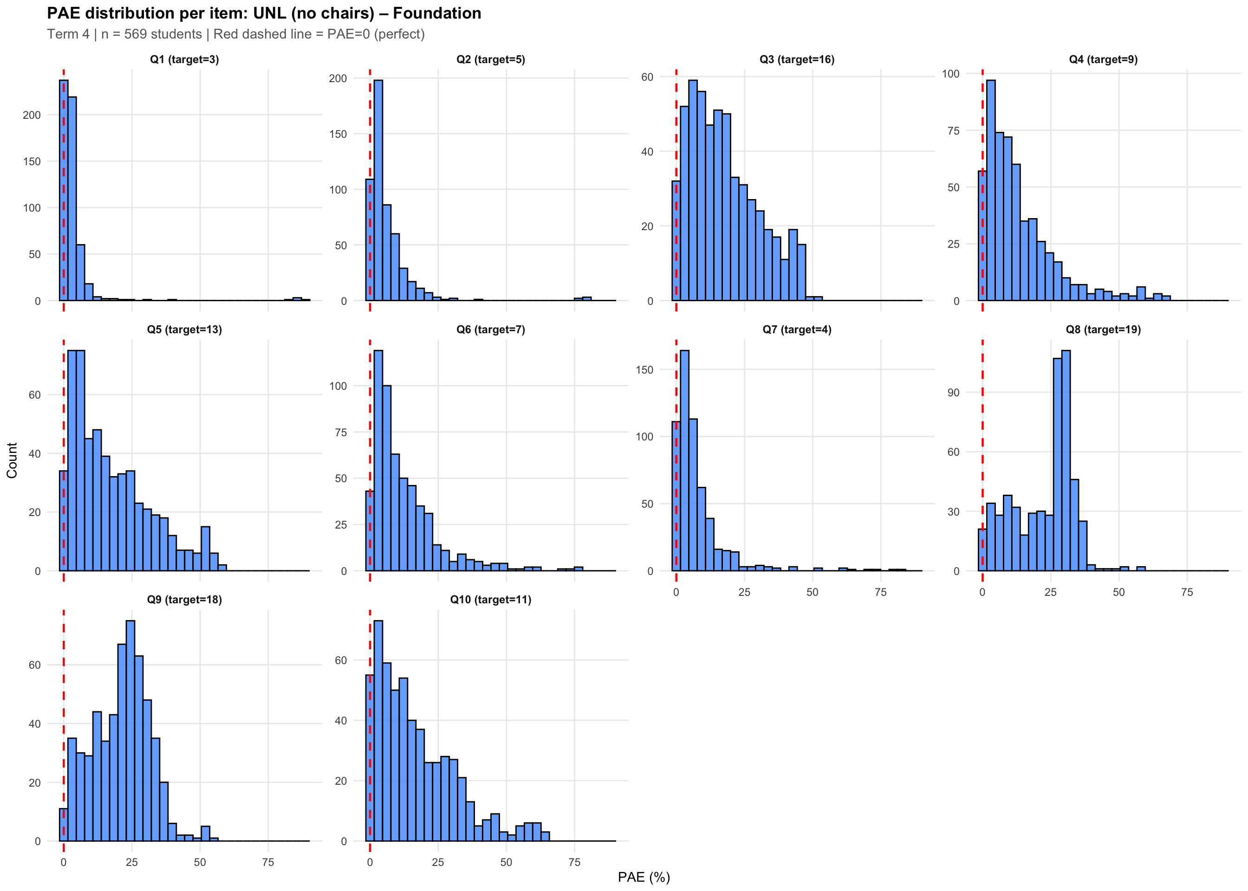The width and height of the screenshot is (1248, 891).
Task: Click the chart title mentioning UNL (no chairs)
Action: click(x=264, y=13)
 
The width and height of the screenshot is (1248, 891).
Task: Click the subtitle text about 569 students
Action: click(x=236, y=34)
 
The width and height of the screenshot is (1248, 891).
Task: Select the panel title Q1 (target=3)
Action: click(x=184, y=59)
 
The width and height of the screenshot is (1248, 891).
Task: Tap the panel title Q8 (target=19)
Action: click(x=1103, y=329)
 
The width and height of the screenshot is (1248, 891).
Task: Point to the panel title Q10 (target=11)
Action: click(x=491, y=599)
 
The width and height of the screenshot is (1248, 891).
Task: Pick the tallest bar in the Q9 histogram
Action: click(x=130, y=730)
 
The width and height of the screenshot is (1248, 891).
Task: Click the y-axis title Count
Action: click(x=12, y=460)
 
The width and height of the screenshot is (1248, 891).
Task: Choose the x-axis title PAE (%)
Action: click(x=644, y=877)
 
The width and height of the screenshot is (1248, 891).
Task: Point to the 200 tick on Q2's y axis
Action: click(x=338, y=78)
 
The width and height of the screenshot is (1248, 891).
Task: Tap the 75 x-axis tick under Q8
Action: click(x=1187, y=592)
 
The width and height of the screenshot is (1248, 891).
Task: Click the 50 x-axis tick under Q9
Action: click(x=200, y=862)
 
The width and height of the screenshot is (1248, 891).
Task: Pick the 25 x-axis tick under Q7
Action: click(x=744, y=592)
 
